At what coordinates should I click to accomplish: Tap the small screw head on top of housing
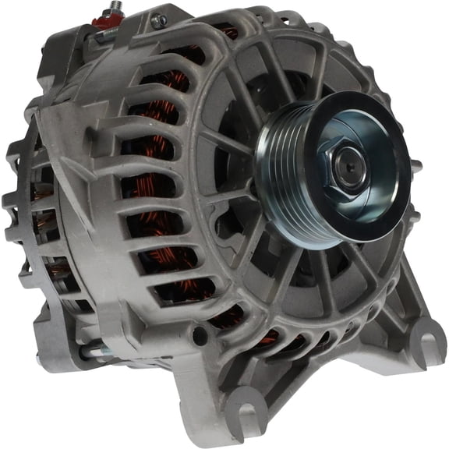(x=158, y=21)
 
